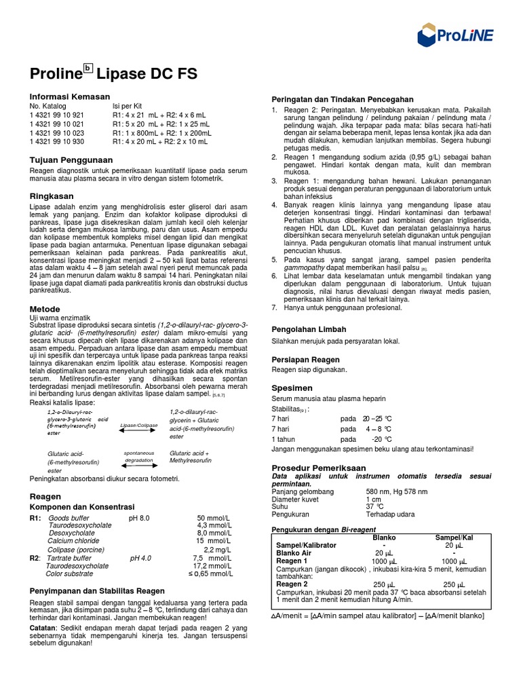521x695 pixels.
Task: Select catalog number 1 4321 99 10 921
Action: (x=57, y=115)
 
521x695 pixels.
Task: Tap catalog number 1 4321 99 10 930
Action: (x=57, y=142)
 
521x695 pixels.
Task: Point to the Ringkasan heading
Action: (x=52, y=195)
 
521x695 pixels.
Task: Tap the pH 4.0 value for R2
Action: (x=140, y=557)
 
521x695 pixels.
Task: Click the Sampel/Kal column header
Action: (x=454, y=537)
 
